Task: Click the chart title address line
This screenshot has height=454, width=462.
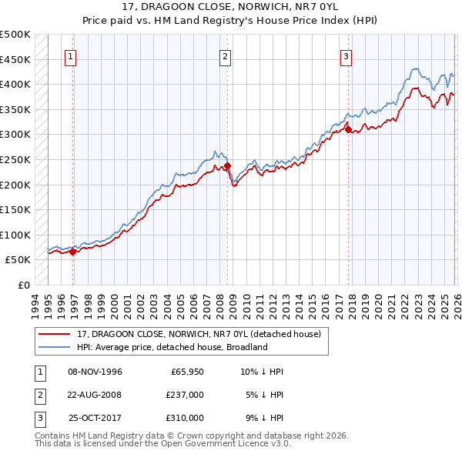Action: pyautogui.click(x=231, y=6)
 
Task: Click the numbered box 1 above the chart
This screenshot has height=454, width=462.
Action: pyautogui.click(x=71, y=56)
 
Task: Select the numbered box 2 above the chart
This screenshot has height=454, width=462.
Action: pyautogui.click(x=225, y=56)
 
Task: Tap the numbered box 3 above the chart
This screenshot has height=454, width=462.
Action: pyautogui.click(x=346, y=56)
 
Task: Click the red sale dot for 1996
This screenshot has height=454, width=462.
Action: pyautogui.click(x=72, y=252)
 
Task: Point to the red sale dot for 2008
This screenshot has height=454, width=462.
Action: pyautogui.click(x=228, y=165)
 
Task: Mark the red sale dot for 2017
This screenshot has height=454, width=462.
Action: pyautogui.click(x=349, y=129)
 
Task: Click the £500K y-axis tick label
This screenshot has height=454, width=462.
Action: pyautogui.click(x=15, y=35)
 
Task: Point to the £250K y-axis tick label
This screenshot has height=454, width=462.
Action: pyautogui.click(x=15, y=159)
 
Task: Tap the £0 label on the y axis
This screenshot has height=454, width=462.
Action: pyautogui.click(x=24, y=285)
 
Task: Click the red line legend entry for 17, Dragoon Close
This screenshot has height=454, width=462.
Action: pyautogui.click(x=203, y=334)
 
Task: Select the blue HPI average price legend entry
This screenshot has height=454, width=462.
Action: pyautogui.click(x=171, y=347)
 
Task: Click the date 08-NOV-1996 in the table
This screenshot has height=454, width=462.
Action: pyautogui.click(x=95, y=372)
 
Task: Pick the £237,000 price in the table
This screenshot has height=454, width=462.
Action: pyautogui.click(x=184, y=395)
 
